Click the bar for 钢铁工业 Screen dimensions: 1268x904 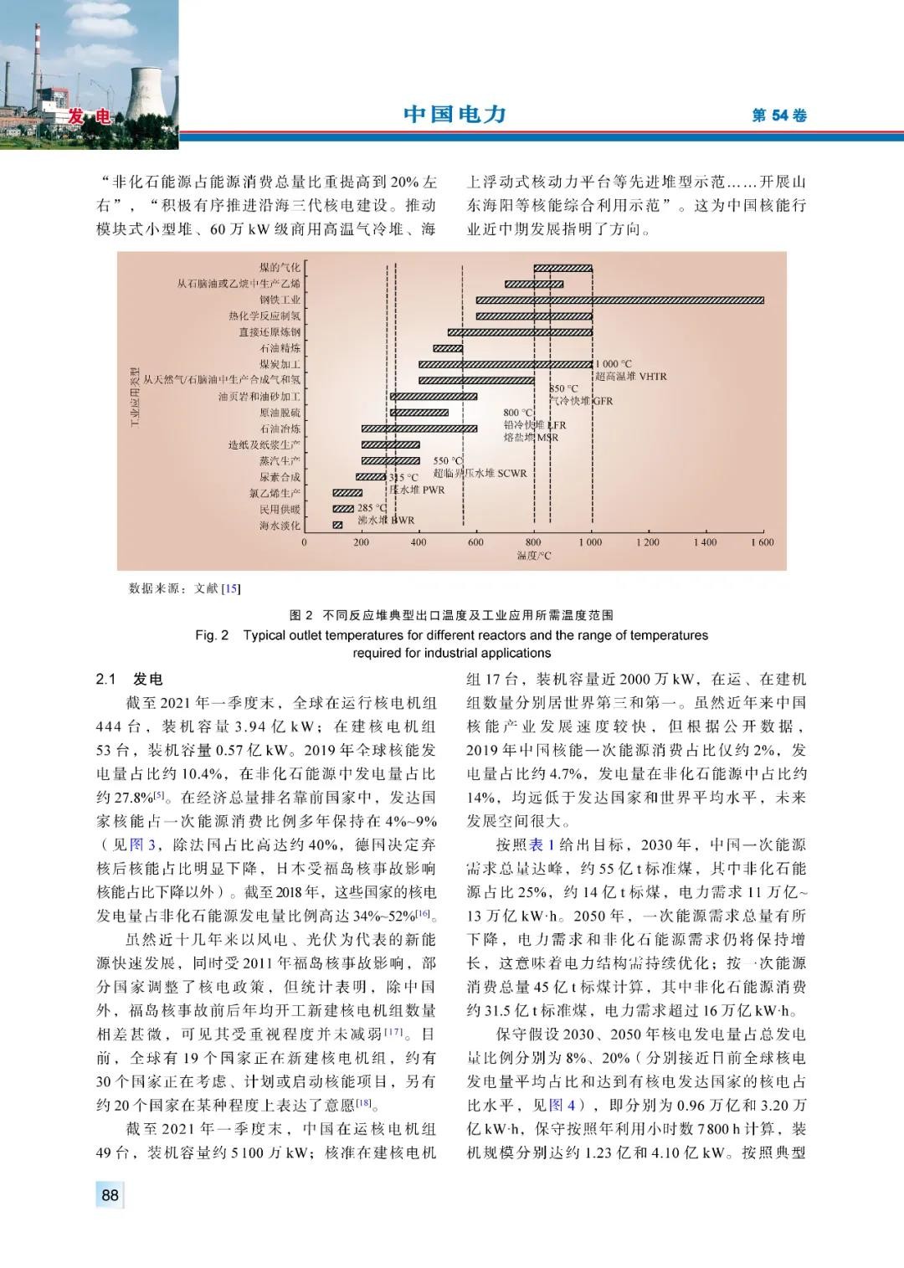click(619, 300)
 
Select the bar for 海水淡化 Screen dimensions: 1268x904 click(337, 525)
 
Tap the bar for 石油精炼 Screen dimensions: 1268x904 click(448, 348)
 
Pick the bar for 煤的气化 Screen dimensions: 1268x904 click(562, 268)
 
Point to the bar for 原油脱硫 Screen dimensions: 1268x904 click(419, 413)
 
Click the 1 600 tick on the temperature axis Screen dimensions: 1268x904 click(763, 542)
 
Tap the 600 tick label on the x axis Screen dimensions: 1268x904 click(476, 542)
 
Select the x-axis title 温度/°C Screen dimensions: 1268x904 click(534, 556)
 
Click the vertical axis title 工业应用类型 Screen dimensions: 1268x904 click(135, 397)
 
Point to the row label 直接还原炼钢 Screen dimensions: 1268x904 click(270, 332)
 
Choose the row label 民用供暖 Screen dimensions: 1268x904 click(280, 509)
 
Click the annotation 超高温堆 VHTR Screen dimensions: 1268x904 click(632, 377)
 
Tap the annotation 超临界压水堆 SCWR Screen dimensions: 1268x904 click(480, 474)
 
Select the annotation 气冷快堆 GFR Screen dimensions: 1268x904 click(581, 401)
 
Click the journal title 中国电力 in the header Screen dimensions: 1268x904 click(455, 115)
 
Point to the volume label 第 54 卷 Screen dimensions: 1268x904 click(779, 116)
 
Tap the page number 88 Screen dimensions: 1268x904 click(110, 1195)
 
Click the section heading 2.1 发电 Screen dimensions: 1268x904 click(130, 679)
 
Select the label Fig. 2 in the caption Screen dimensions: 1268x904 click(212, 635)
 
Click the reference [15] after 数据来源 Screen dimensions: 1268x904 click(231, 588)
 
